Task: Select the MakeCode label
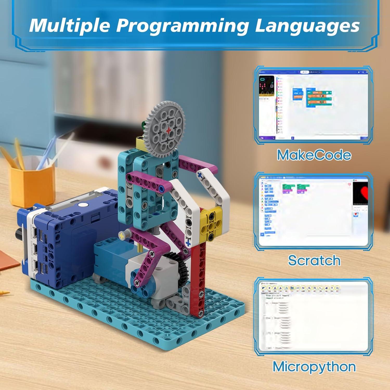point(314,155)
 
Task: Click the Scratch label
point(314,260)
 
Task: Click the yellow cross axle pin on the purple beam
point(121,235)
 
